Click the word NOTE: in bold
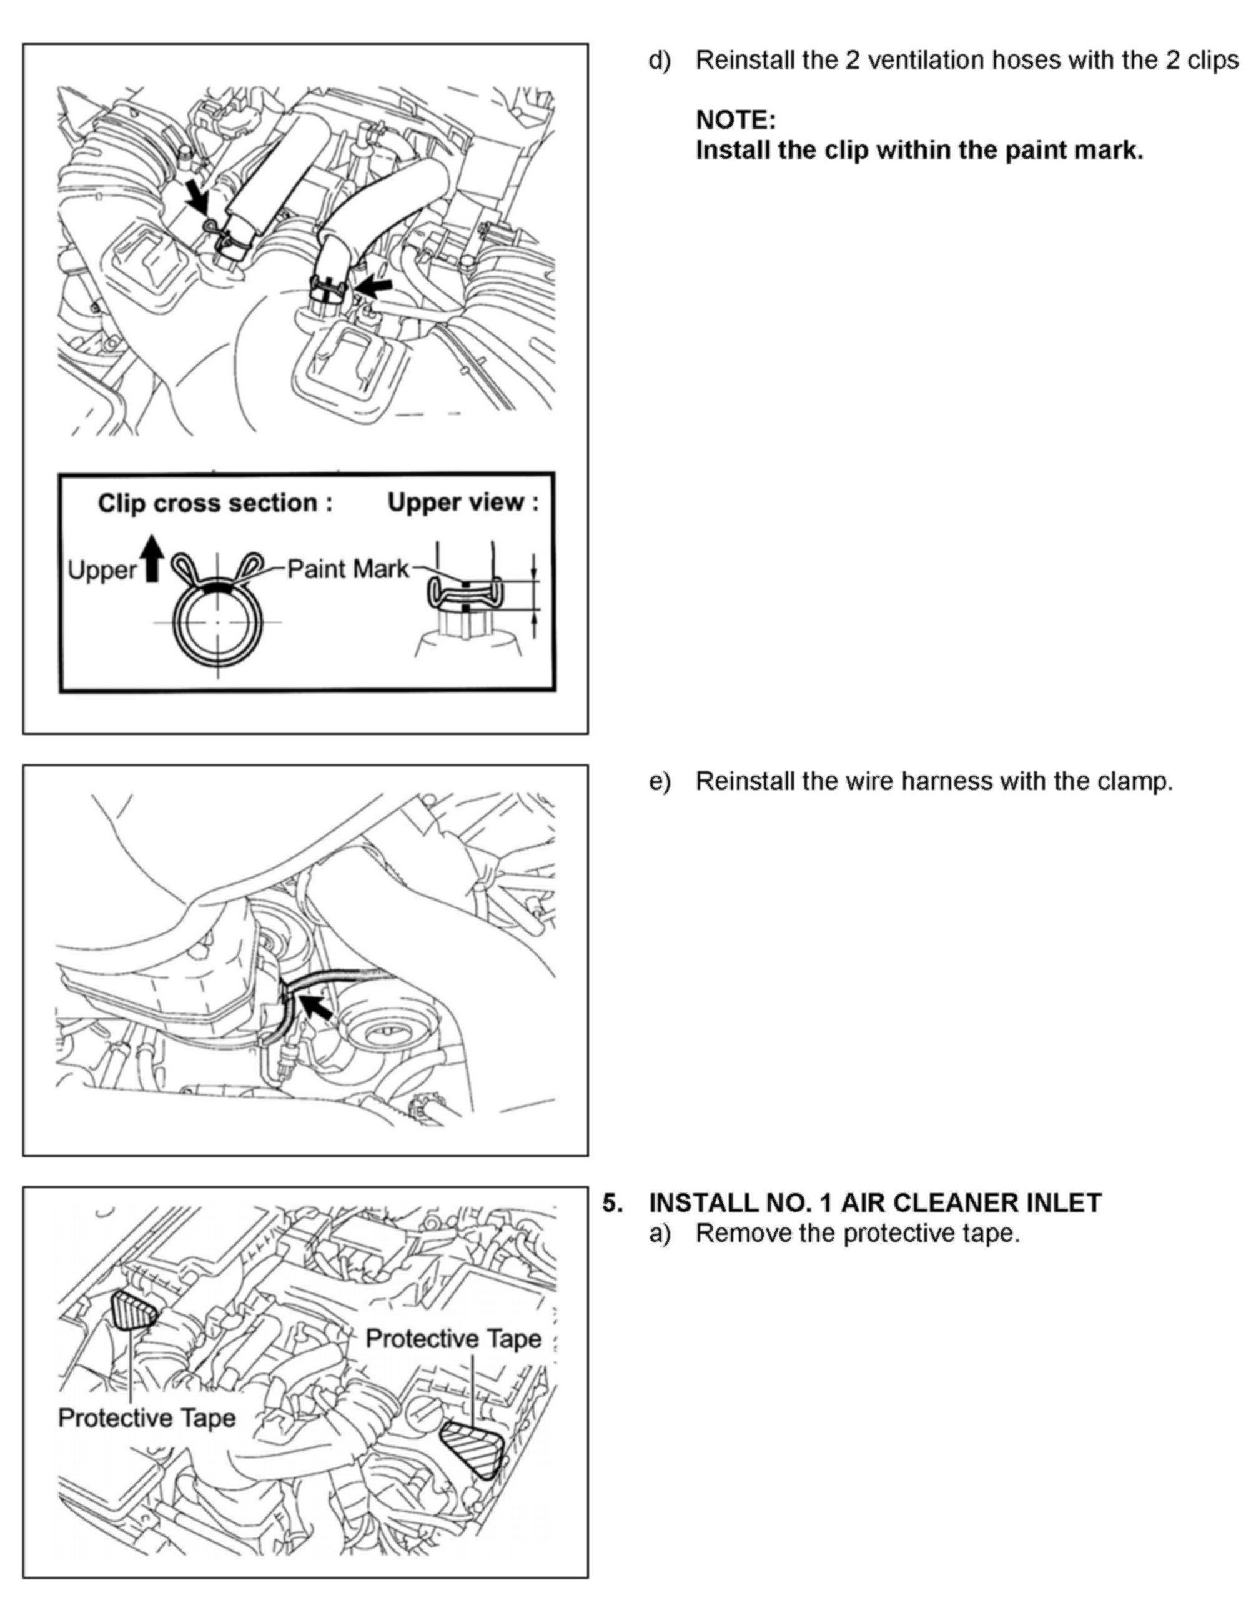click(x=735, y=119)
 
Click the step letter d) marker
click(x=659, y=61)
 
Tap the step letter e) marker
click(x=659, y=781)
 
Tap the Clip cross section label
click(x=215, y=503)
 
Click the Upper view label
click(x=463, y=502)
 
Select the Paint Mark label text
click(x=347, y=569)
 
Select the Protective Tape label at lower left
click(x=146, y=1418)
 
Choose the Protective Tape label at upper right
click(x=453, y=1338)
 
